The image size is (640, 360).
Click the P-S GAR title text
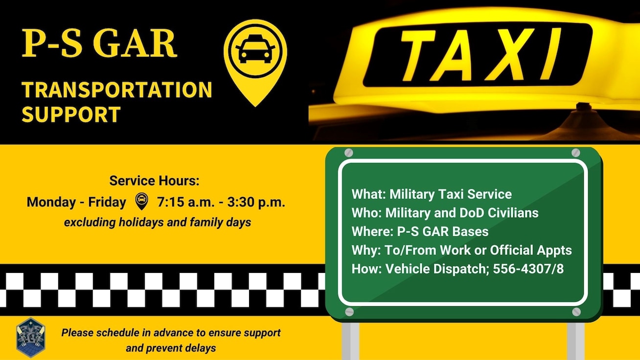coord(99,44)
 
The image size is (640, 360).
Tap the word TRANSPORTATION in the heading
coord(117,90)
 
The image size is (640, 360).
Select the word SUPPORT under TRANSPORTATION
coord(71,114)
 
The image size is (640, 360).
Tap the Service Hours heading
coord(155,181)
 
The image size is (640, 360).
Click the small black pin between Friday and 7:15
coord(141,201)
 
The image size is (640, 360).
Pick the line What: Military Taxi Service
coord(431,194)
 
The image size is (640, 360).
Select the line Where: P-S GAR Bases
coord(420,231)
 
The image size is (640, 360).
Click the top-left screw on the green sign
coord(348,153)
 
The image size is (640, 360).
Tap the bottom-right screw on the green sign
coord(576,312)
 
